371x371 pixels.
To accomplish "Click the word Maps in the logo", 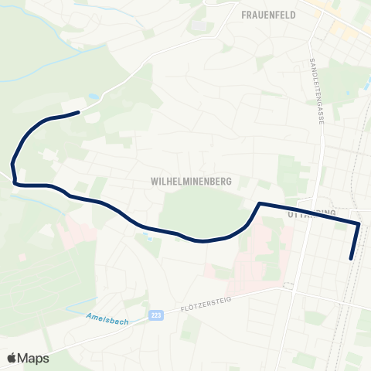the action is coord(33,358).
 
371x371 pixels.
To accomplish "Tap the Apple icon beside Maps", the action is coord(12,357).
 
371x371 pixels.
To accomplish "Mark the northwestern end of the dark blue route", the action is coord(78,113).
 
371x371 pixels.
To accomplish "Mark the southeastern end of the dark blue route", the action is coord(352,259).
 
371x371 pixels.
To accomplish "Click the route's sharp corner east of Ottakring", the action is coord(359,223).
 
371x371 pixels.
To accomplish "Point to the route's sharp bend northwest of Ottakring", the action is coord(259,204).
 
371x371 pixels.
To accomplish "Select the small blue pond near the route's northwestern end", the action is coord(94,97).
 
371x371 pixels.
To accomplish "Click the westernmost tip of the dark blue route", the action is coord(12,164).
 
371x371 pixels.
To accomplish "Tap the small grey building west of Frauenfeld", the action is coord(199,26).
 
